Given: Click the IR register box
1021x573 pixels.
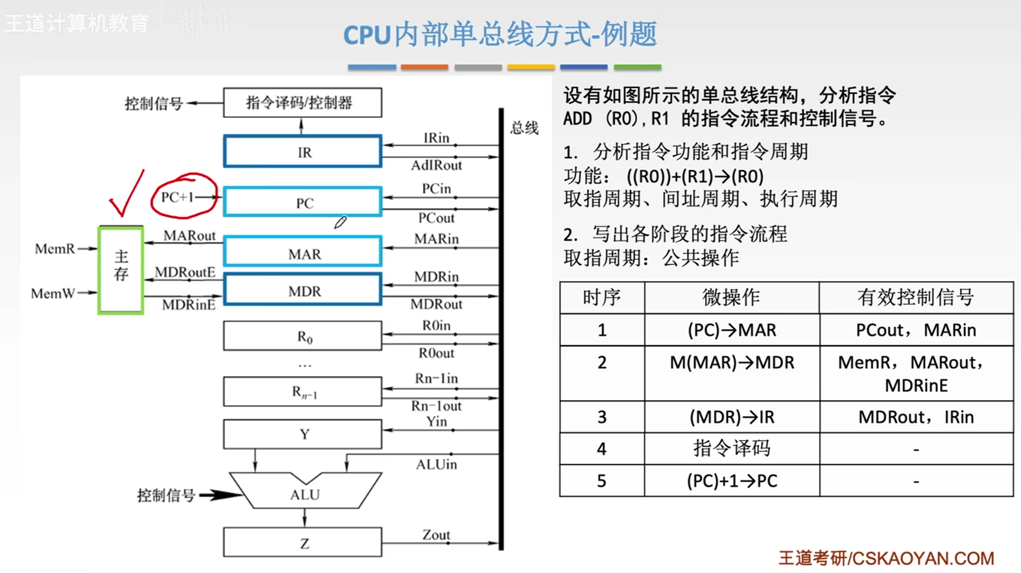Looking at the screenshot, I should [302, 152].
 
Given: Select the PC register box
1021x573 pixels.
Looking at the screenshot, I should [302, 202].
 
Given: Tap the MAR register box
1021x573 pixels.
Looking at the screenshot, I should [302, 253].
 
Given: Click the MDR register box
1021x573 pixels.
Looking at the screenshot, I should [302, 290].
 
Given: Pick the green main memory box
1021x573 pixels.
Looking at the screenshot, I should [121, 270].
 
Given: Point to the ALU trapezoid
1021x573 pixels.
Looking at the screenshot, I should [305, 494].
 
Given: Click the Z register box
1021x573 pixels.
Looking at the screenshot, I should [302, 543].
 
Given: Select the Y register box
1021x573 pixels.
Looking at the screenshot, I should [302, 434].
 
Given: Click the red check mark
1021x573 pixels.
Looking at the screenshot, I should [126, 194].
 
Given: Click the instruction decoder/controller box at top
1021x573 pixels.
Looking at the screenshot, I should [302, 102].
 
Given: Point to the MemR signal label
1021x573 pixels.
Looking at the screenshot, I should [54, 249].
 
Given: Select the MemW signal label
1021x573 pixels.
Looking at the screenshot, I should [53, 294].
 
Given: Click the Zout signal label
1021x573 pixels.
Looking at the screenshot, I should [436, 535].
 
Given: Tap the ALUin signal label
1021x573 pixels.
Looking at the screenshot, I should [436, 464].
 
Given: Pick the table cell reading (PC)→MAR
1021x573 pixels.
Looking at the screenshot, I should [732, 330].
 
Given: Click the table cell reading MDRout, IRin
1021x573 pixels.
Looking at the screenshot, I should [916, 417].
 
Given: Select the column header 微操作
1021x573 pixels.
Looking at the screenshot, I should [732, 298].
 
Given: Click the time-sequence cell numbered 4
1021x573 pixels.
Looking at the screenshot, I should [602, 449].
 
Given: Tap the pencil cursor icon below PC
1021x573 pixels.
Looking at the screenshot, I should [340, 222].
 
